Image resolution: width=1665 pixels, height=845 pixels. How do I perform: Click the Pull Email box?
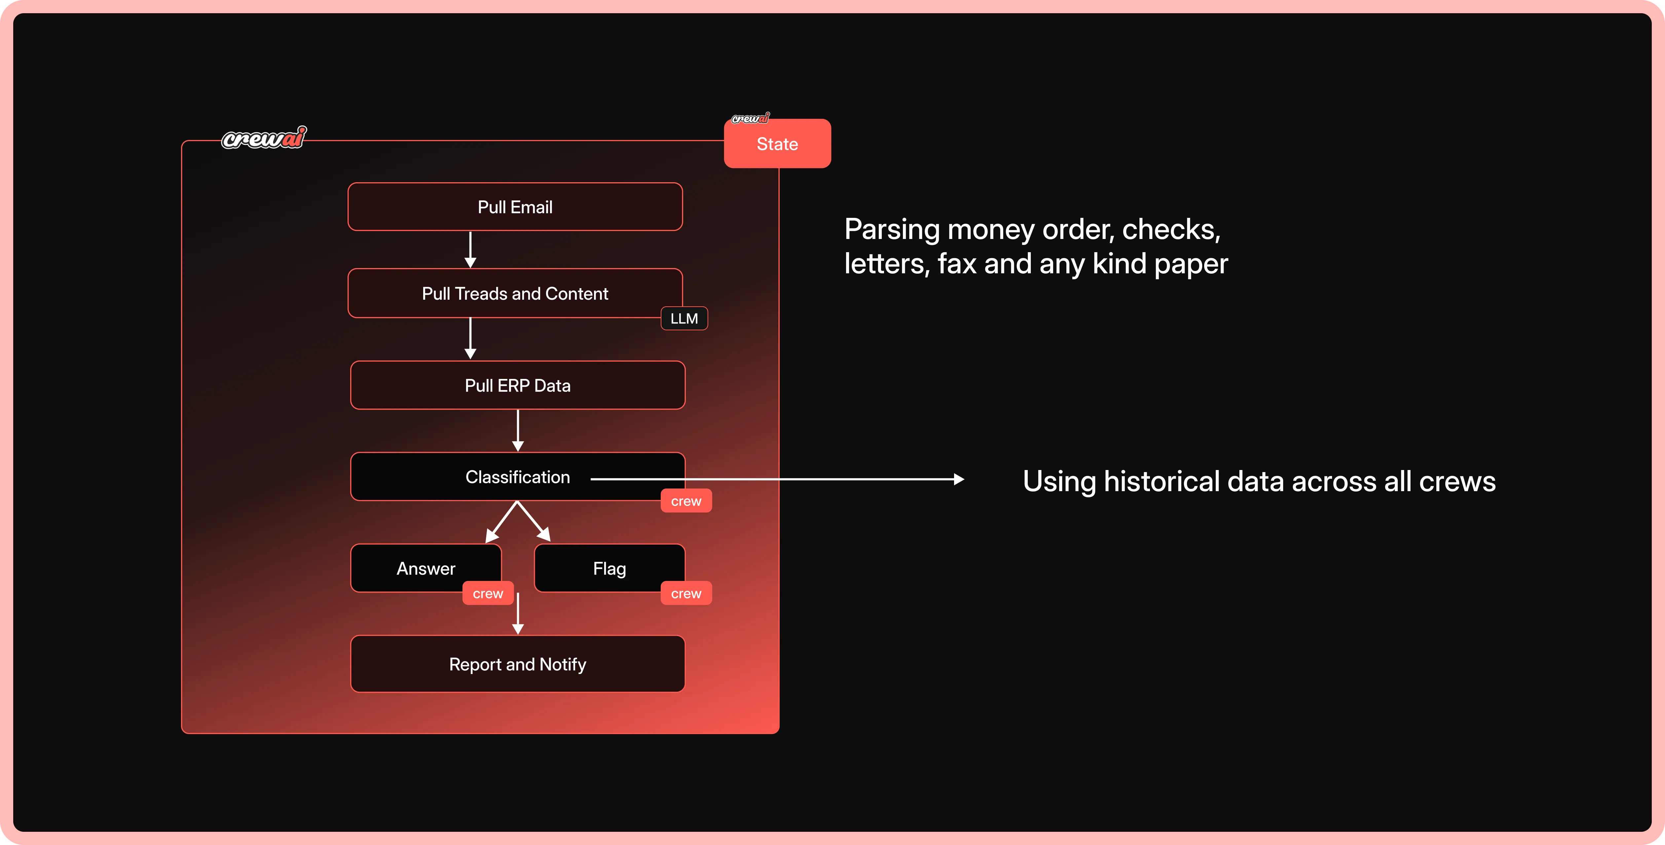point(515,207)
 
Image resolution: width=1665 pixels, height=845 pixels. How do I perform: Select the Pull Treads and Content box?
point(515,293)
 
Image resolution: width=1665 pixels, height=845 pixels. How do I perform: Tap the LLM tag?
point(684,319)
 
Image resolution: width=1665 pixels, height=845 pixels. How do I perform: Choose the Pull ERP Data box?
point(517,386)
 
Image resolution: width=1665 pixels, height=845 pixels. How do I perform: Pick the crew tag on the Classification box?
point(686,501)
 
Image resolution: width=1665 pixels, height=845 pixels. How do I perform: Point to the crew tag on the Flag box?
point(686,594)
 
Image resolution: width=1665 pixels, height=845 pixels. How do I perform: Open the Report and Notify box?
point(517,664)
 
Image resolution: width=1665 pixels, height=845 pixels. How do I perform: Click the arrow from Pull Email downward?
point(470,249)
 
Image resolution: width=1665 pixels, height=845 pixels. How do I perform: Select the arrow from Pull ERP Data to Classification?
point(518,430)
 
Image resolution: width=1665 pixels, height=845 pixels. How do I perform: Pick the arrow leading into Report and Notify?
point(518,614)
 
